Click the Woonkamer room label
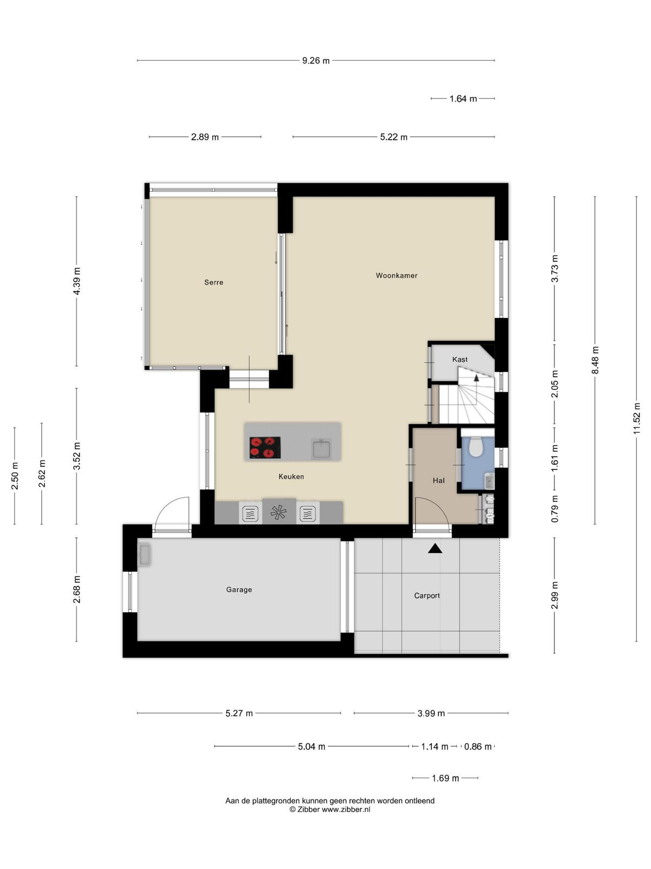pos(397,275)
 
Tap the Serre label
pos(213,282)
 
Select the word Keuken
pos(291,477)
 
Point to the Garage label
pos(239,589)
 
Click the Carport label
pos(427,595)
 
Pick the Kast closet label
pos(459,360)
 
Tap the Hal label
pos(438,481)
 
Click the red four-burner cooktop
pos(265,448)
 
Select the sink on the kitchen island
pos(321,449)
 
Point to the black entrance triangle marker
pos(435,548)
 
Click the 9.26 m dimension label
pos(316,61)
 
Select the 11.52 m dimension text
pos(636,418)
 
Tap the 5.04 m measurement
pos(311,747)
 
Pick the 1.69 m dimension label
pos(445,778)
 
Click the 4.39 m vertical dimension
pos(76,281)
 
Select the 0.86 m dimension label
pos(478,747)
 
